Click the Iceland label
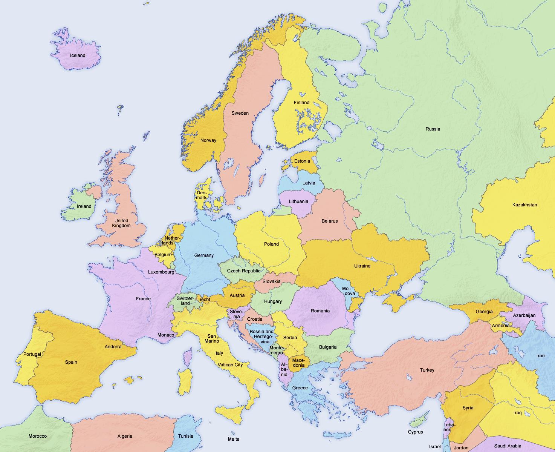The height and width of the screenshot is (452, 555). [x=78, y=55]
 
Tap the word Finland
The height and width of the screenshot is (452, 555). [x=301, y=103]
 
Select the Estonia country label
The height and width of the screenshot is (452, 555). [x=302, y=161]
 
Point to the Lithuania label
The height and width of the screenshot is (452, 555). [x=298, y=201]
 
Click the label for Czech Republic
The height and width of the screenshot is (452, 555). [x=243, y=271]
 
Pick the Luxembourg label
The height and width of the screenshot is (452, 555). [x=161, y=272]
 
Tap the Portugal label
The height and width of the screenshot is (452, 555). [x=32, y=354]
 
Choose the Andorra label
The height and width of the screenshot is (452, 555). [x=113, y=347]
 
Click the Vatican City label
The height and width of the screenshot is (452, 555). [x=230, y=365]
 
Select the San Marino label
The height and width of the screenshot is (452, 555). [x=212, y=338]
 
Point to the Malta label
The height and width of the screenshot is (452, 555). [x=234, y=439]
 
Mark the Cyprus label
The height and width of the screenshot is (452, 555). [x=415, y=432]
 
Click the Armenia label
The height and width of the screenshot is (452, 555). [x=500, y=326]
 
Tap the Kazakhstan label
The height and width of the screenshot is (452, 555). [x=524, y=205]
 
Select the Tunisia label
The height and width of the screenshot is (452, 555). [x=185, y=436]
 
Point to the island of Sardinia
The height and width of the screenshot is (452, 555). [x=185, y=381]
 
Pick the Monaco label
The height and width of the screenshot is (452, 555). [x=166, y=335]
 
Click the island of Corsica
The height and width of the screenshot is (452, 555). [x=187, y=357]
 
